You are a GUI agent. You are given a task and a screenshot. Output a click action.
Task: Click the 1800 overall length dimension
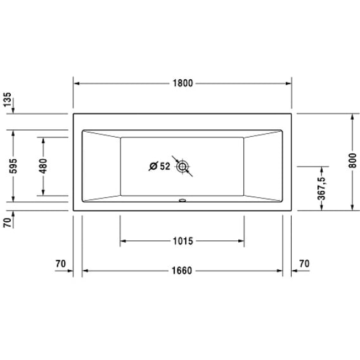point(183,83)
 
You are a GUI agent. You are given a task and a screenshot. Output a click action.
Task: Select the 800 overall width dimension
point(352,160)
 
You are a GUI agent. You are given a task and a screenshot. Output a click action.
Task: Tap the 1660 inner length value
point(182,271)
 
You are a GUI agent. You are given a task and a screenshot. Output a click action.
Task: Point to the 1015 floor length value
point(183,241)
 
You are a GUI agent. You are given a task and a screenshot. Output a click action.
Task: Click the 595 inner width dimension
point(13,166)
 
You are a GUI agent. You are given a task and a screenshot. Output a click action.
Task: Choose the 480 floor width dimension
point(43,166)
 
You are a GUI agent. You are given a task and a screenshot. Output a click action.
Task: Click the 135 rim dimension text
point(8,100)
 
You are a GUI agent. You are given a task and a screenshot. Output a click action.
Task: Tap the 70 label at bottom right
point(304,264)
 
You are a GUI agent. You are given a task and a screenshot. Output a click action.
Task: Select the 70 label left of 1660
point(61,264)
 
